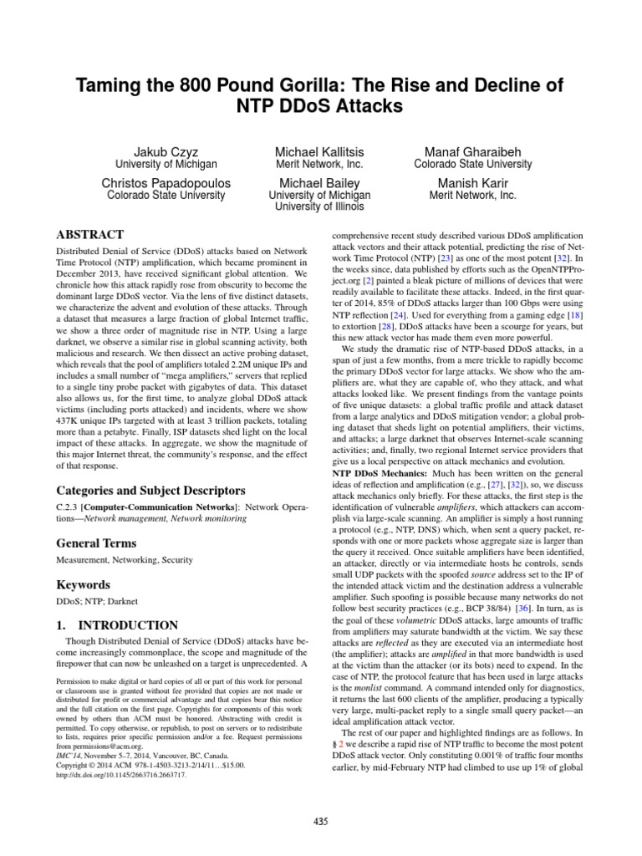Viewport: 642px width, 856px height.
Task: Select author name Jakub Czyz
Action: coord(171,150)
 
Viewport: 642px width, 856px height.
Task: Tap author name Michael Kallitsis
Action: coord(321,150)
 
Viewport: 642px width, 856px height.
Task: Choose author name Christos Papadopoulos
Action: coord(171,182)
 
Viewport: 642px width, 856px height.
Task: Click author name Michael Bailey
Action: coord(320,182)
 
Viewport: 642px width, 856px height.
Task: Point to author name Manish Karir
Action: coord(472,182)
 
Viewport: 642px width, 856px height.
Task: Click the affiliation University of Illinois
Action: coord(320,208)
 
